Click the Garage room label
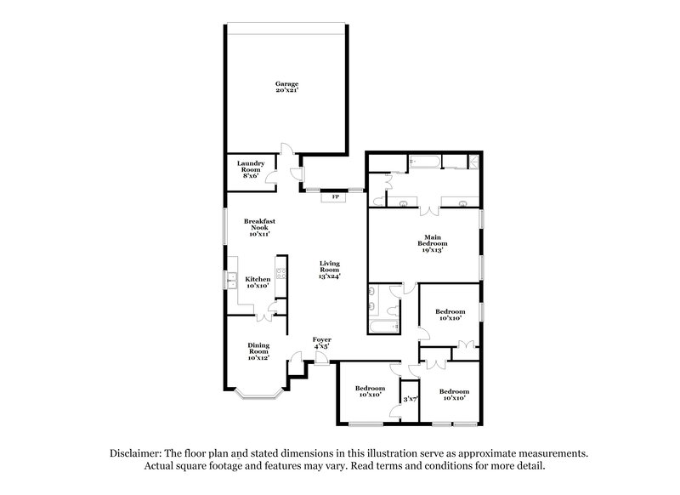pyautogui.click(x=286, y=87)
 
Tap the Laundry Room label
pyautogui.click(x=251, y=169)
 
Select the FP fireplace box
pyautogui.click(x=336, y=197)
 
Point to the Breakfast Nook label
pyautogui.click(x=259, y=227)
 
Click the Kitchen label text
pyautogui.click(x=258, y=282)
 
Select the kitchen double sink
pyautogui.click(x=229, y=278)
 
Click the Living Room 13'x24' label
pyautogui.click(x=330, y=269)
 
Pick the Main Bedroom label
pyautogui.click(x=433, y=244)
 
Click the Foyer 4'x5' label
pyautogui.click(x=321, y=343)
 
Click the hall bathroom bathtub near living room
pyautogui.click(x=379, y=327)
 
